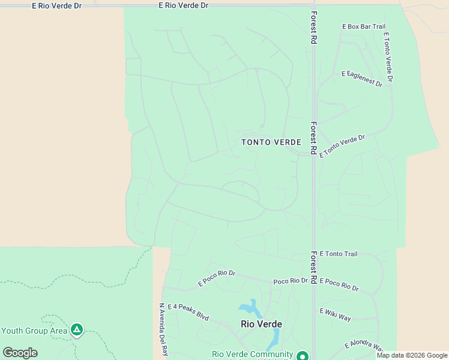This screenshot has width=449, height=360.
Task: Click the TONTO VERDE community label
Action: point(271,142)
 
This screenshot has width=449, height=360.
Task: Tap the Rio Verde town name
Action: point(261,324)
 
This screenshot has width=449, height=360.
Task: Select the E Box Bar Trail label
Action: point(364,26)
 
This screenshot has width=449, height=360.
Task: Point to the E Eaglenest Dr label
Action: point(362,79)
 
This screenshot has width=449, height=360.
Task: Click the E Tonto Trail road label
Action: point(339,254)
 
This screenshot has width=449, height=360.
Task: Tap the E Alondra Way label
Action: point(364,346)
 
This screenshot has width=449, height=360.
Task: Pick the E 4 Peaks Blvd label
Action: point(188,312)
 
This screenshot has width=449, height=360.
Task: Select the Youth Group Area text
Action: point(34,331)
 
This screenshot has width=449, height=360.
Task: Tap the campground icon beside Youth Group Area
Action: point(77,329)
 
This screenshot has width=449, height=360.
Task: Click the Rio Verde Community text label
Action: point(252,355)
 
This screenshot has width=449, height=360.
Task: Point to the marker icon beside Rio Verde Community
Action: point(303,356)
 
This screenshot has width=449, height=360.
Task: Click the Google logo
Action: point(20,353)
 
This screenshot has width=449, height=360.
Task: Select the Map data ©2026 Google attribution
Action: point(412,355)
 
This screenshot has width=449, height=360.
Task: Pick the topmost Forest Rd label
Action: point(313,28)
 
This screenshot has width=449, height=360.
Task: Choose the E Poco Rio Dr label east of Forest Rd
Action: point(339,284)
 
